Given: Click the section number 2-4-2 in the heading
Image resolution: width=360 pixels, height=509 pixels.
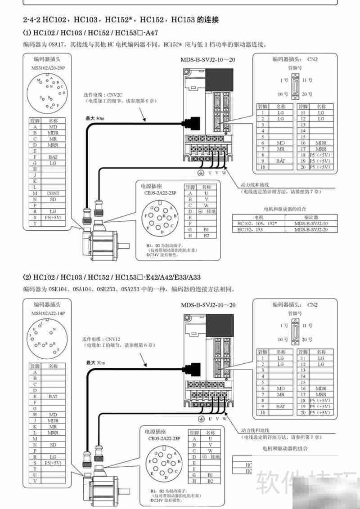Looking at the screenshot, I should (x=32, y=20).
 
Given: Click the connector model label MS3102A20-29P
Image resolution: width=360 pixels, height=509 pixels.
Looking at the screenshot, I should (x=49, y=67).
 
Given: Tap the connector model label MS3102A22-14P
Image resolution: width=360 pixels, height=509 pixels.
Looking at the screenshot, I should (x=49, y=313).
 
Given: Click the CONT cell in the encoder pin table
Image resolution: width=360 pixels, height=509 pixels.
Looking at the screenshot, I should (x=53, y=193).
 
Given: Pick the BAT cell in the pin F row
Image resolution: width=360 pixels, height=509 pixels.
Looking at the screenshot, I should (x=53, y=157).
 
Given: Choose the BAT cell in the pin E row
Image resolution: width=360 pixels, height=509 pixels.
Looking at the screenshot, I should (x=53, y=397).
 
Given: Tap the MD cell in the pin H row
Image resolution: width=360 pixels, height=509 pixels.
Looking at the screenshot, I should (x=53, y=415).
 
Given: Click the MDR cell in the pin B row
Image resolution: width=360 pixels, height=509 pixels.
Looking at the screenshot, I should (x=53, y=133).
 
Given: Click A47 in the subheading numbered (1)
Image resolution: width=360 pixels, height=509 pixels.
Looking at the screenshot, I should (x=151, y=33).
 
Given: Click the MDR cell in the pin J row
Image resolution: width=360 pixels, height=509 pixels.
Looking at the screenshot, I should (x=53, y=421).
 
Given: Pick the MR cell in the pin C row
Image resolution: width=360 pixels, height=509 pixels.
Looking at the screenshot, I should (x=53, y=139).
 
